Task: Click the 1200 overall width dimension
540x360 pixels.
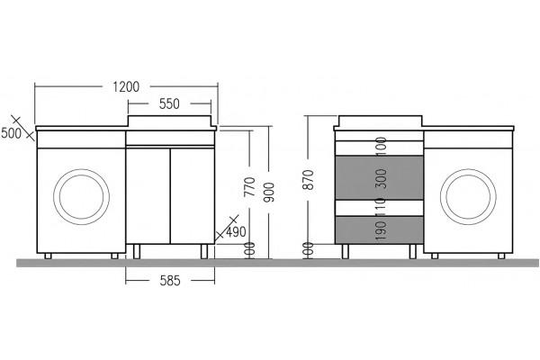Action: [126, 86]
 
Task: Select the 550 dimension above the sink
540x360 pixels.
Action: [169, 103]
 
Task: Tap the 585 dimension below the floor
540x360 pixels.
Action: [170, 281]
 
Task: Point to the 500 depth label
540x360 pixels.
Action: [11, 133]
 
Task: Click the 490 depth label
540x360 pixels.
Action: [236, 232]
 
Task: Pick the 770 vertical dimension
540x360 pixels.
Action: [249, 186]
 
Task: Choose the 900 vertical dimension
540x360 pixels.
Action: [270, 192]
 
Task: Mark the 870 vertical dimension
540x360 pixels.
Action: [308, 179]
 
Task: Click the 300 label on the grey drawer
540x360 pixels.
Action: [382, 178]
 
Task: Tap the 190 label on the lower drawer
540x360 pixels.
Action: [382, 230]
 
